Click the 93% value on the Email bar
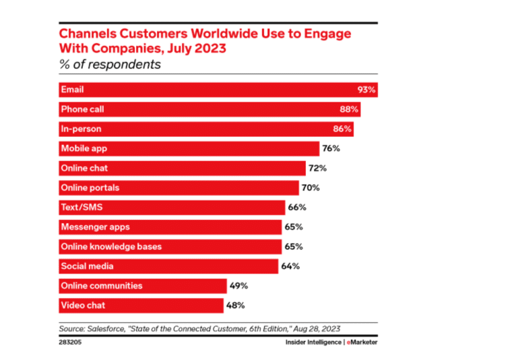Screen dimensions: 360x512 (x=366, y=90)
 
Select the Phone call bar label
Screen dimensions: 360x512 (x=82, y=109)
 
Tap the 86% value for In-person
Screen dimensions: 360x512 (x=342, y=129)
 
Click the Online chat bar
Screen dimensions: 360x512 (x=182, y=168)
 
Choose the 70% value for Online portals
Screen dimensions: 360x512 (x=311, y=187)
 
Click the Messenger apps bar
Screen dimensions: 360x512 (x=168, y=227)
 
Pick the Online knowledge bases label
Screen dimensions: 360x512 (x=111, y=247)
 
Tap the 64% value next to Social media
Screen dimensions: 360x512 (x=290, y=266)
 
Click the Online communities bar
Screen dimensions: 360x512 (x=141, y=286)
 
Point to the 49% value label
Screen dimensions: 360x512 (x=239, y=286)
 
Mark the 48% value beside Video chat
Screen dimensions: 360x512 (x=235, y=305)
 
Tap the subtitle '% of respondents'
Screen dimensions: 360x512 (x=110, y=65)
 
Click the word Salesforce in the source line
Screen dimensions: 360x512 (x=110, y=328)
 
